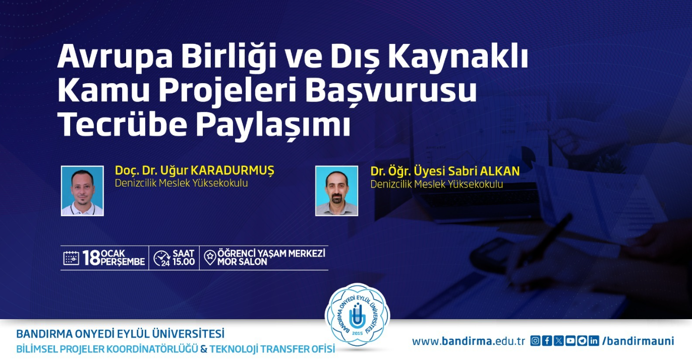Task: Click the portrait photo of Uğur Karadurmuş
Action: click(82, 191)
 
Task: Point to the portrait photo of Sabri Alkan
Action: click(337, 191)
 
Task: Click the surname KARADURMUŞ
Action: click(233, 170)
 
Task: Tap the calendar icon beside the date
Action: click(71, 258)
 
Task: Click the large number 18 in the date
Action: click(91, 258)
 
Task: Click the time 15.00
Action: click(184, 262)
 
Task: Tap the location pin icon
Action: click(210, 258)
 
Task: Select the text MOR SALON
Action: click(242, 262)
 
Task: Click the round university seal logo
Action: click(357, 316)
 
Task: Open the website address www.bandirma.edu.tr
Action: click(469, 341)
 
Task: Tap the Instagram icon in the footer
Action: click(535, 340)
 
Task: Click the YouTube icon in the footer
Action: click(570, 340)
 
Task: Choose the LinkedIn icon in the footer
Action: click(594, 340)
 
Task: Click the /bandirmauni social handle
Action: click(638, 341)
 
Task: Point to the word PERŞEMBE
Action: click(123, 262)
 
